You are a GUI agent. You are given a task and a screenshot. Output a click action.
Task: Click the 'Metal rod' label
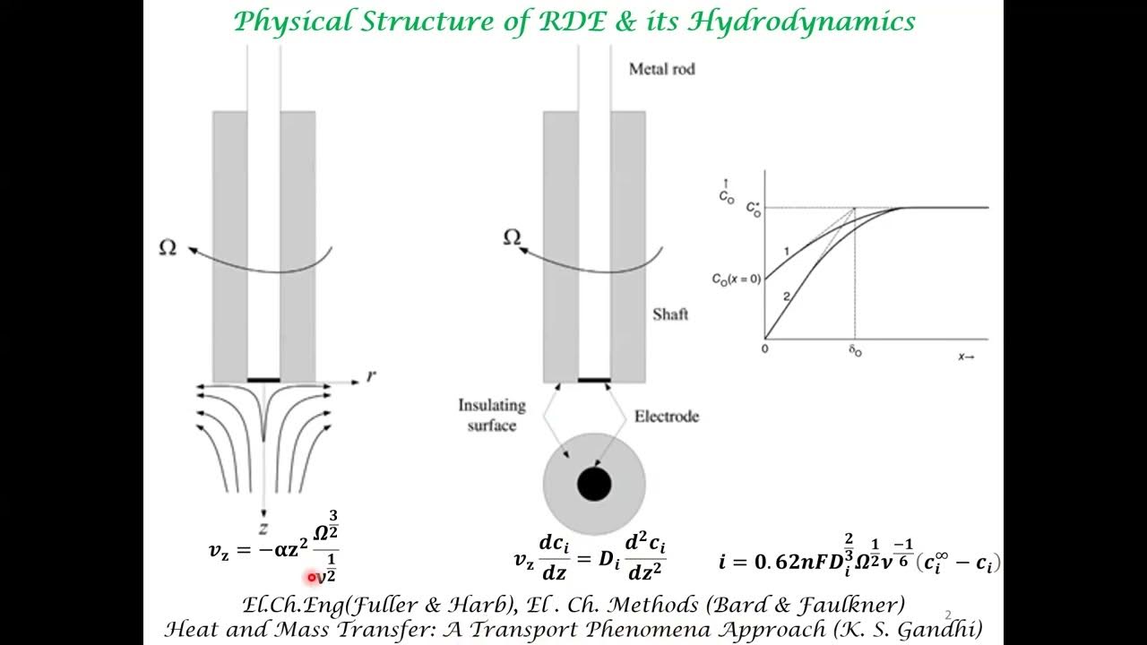tap(662, 69)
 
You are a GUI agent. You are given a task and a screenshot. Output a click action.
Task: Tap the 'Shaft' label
tap(670, 314)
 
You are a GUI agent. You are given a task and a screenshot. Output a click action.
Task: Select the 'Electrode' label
tap(667, 416)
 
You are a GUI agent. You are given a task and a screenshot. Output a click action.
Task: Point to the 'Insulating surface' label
tap(491, 415)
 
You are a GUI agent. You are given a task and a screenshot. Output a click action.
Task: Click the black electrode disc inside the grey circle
tap(594, 485)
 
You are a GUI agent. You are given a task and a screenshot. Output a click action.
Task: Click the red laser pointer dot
tap(312, 578)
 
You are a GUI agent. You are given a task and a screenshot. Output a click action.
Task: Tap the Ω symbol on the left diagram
tap(168, 248)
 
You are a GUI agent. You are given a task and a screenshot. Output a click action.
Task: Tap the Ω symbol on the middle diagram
tap(512, 238)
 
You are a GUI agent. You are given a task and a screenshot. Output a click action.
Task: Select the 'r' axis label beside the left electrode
tap(371, 375)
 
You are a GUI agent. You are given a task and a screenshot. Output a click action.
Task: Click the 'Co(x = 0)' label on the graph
tap(736, 279)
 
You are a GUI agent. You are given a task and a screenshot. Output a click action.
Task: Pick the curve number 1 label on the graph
tap(785, 250)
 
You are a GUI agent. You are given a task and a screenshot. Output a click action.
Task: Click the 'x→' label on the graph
tap(967, 356)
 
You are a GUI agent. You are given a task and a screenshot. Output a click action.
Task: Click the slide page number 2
tap(948, 615)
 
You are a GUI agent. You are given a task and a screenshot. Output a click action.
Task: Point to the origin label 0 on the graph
tap(764, 348)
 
